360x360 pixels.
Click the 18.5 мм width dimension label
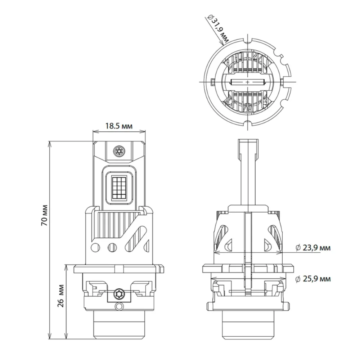(119, 126)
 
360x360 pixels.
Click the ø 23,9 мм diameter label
(312, 248)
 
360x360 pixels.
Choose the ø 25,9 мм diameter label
(312, 279)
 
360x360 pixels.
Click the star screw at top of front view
(118, 151)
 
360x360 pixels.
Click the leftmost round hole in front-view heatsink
(96, 248)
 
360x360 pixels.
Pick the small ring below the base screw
(118, 306)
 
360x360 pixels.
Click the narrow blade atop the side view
(248, 169)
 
